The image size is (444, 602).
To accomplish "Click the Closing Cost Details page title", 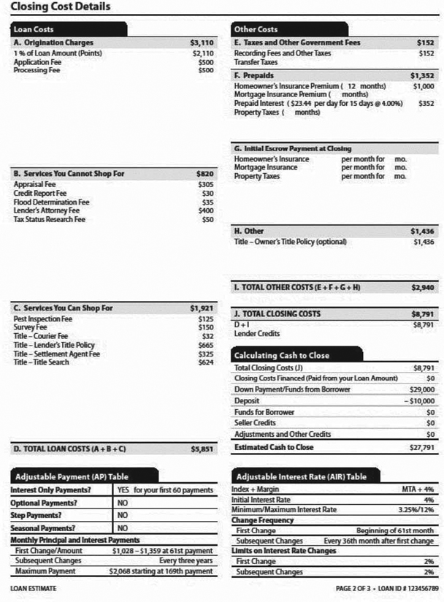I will (61, 7).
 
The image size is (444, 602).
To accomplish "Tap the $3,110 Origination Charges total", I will (202, 43).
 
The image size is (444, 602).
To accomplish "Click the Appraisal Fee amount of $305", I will (206, 185).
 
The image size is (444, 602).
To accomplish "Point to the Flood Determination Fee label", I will (51, 202).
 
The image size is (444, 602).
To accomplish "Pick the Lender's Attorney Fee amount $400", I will (206, 211).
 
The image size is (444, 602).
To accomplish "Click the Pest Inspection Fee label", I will (43, 319).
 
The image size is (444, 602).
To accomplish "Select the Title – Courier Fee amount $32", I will (207, 337).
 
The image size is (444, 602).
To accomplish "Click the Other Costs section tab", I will (256, 30).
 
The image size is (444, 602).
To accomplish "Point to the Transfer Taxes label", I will (257, 62).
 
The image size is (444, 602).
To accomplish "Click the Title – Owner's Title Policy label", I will (290, 242).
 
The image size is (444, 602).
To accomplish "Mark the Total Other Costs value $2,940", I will (423, 288).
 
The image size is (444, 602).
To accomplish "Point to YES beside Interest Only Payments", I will (123, 490).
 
